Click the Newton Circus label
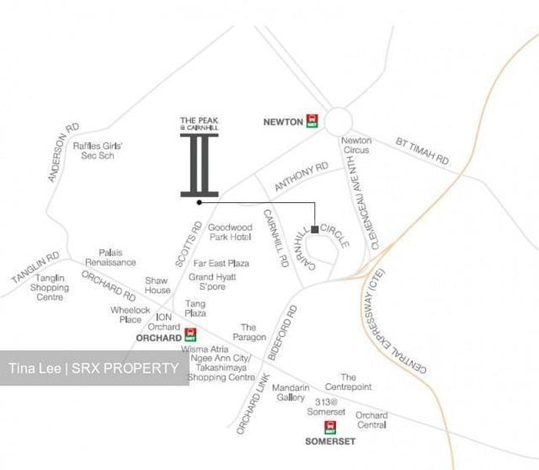[x=356, y=146]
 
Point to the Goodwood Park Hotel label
[x=230, y=232]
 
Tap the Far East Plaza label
[x=221, y=263]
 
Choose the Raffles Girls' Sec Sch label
[x=98, y=150]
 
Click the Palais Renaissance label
[x=110, y=258]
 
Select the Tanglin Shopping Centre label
[x=50, y=287]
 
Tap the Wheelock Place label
[x=125, y=314]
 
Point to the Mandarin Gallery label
[x=289, y=392]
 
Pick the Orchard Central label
[x=371, y=420]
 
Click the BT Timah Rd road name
[x=422, y=150]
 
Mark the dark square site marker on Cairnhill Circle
[x=314, y=230]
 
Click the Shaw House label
[x=157, y=285]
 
